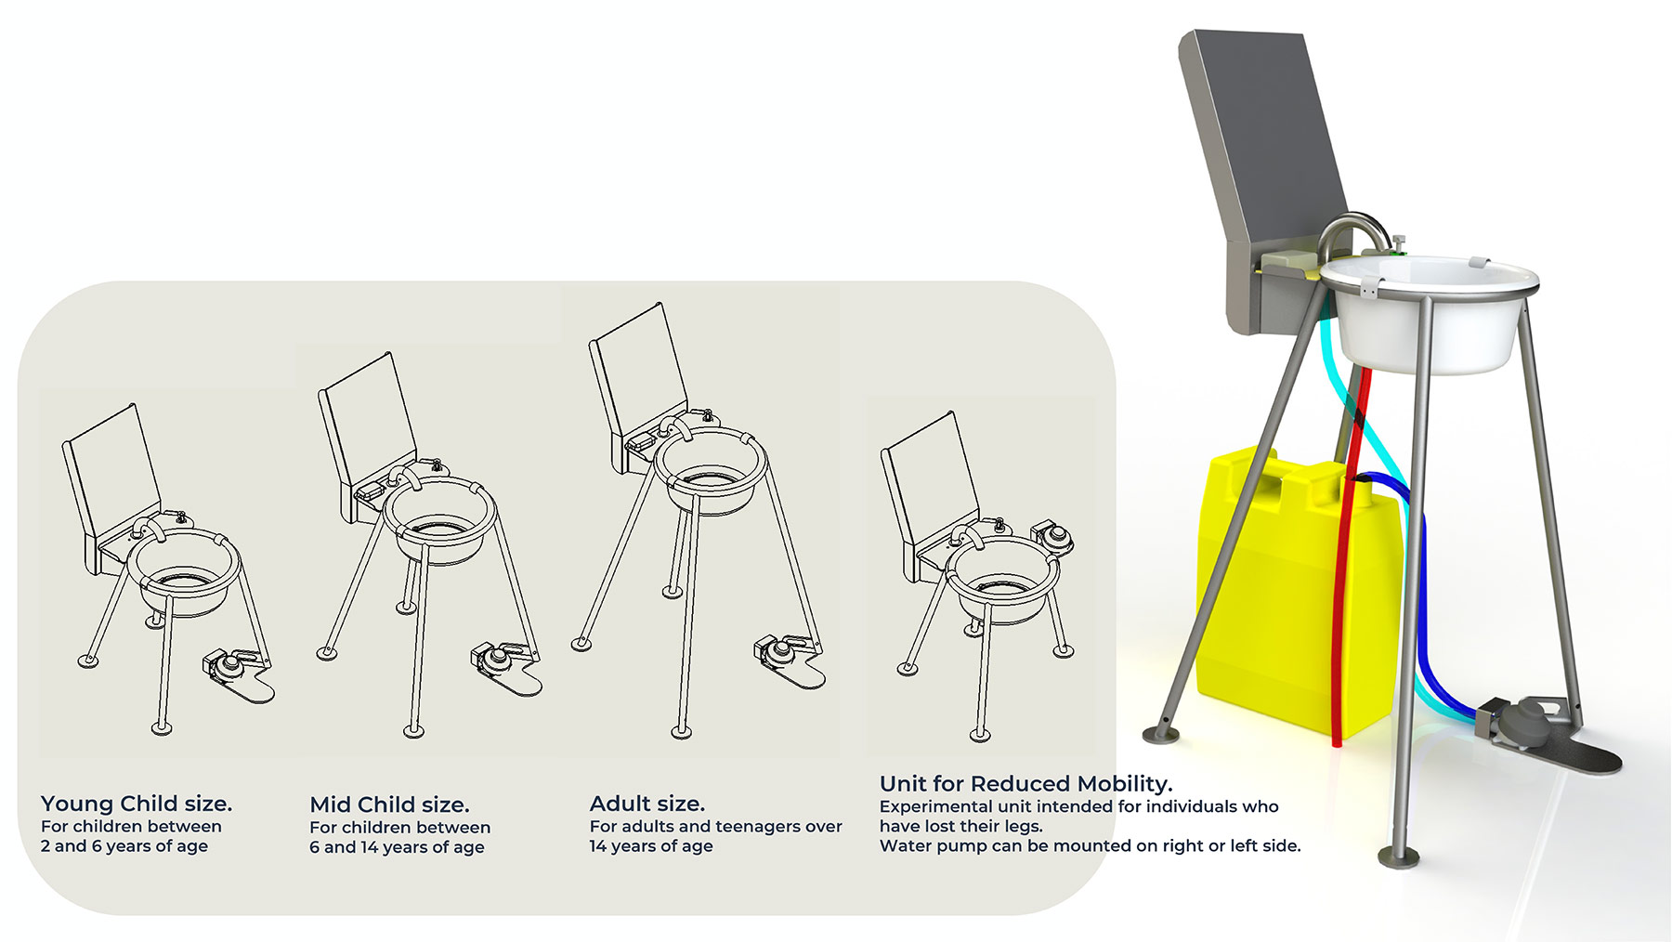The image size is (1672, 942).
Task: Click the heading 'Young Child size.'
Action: click(x=137, y=804)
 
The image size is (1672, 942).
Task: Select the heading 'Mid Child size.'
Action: click(x=389, y=805)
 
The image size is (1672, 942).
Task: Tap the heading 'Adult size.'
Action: click(x=647, y=804)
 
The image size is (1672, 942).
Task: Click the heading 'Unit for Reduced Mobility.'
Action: click(x=1025, y=783)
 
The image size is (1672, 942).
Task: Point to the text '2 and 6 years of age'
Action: click(x=124, y=846)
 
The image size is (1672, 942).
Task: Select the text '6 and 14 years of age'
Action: click(x=397, y=847)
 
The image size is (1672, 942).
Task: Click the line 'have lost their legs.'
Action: click(x=961, y=826)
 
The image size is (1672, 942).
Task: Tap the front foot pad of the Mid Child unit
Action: click(x=413, y=731)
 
